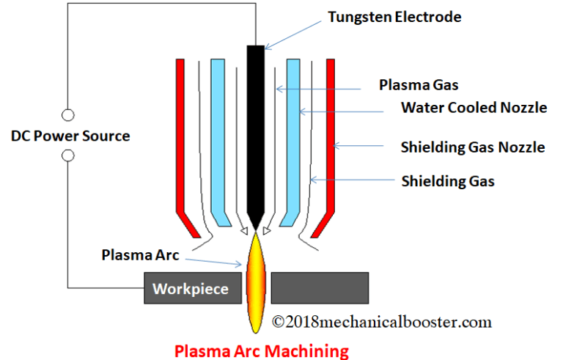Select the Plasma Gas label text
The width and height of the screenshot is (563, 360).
(x=419, y=85)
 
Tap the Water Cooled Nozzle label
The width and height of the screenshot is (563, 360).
(x=474, y=109)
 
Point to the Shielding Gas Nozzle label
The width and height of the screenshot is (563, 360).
(x=473, y=147)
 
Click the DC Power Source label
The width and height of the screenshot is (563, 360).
(x=70, y=136)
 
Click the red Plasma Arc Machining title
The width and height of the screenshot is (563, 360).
(x=262, y=350)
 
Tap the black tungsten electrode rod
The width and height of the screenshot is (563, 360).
(x=254, y=132)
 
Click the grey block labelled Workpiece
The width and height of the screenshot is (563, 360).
(x=190, y=288)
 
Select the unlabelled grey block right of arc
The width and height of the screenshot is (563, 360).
(x=320, y=287)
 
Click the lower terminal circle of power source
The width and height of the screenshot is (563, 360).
(x=68, y=155)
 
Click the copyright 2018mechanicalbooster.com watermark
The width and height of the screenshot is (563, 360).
(x=381, y=321)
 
